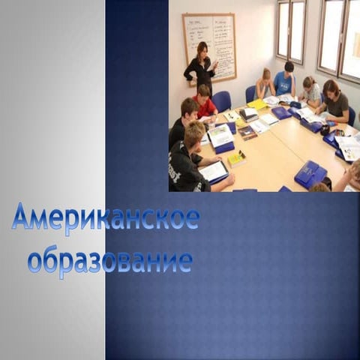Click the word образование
(110, 261)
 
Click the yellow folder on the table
(256, 104)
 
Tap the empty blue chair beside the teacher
(222, 100)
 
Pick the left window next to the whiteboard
(291, 30)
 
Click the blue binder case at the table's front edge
(310, 175)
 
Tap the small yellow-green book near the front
(236, 159)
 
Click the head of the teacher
(201, 49)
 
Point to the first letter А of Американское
(22, 217)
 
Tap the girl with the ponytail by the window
(310, 91)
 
